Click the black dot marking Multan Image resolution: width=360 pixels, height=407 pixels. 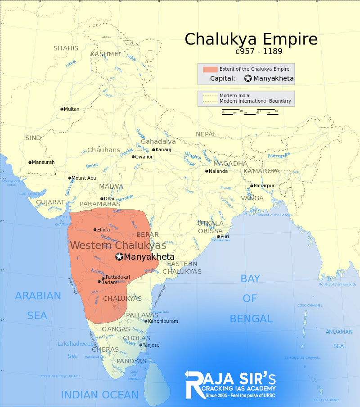tap(62, 109)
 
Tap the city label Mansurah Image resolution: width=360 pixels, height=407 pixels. tap(44, 162)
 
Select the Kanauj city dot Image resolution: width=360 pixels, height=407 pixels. tap(153, 149)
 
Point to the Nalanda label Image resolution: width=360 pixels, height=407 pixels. tap(219, 171)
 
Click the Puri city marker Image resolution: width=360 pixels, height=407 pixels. tap(218, 236)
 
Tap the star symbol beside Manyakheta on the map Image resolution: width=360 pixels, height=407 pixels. tap(119, 257)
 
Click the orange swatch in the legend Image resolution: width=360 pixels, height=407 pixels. tap(210, 69)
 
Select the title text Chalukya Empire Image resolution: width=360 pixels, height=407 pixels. tap(251, 39)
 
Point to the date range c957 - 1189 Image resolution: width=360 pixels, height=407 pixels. tap(258, 51)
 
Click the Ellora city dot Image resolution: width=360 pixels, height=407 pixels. tap(95, 230)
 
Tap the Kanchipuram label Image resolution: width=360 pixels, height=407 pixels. tap(163, 321)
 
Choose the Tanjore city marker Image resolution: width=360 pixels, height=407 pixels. tap(141, 345)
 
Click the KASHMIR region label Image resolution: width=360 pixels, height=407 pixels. tap(105, 54)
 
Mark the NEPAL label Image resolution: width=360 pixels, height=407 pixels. tap(206, 134)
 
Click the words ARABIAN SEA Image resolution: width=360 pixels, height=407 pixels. tap(38, 305)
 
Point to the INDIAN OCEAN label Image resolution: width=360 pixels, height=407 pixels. tap(99, 395)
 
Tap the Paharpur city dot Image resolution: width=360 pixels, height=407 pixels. tap(252, 185)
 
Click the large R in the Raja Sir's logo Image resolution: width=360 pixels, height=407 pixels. tap(195, 384)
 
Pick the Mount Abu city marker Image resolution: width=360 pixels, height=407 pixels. tap(70, 178)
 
